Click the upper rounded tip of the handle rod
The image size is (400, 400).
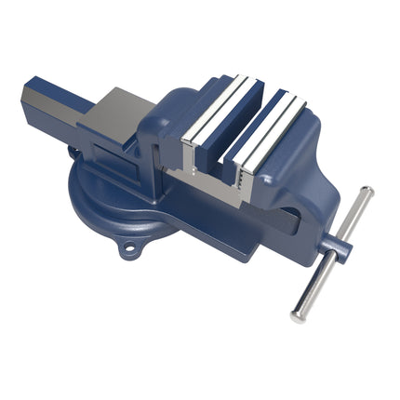[x=367, y=193]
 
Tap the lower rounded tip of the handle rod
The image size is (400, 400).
[x=297, y=315]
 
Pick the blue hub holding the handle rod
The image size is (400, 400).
[x=340, y=249]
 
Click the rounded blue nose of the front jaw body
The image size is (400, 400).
[x=312, y=149]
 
